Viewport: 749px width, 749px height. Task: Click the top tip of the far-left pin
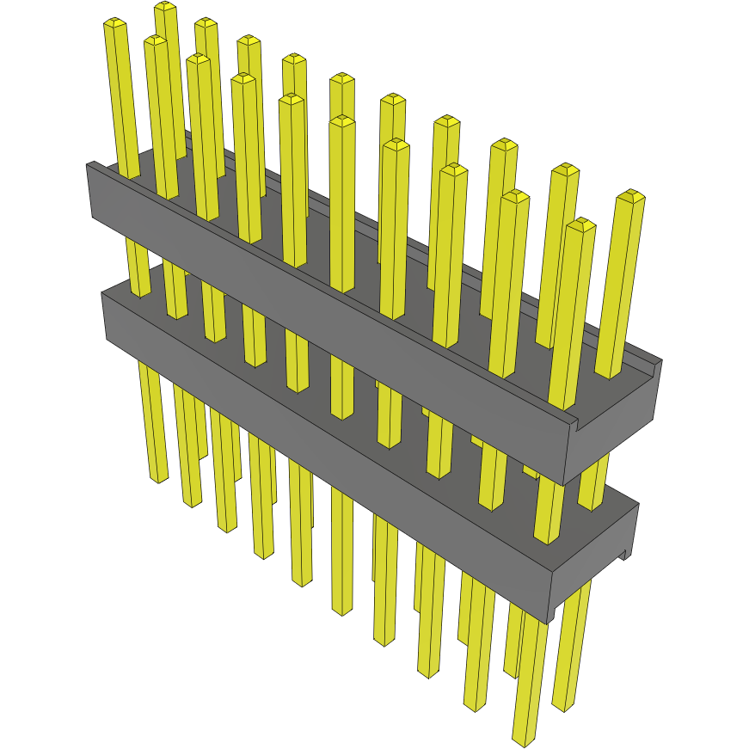click(x=114, y=23)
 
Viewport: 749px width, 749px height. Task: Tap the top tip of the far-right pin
click(x=632, y=195)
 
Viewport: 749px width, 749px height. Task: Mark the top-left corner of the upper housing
click(x=88, y=163)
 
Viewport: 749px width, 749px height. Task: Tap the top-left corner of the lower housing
click(x=102, y=293)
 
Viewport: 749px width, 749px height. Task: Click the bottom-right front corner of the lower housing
click(x=549, y=622)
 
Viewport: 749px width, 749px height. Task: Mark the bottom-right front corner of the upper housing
click(x=564, y=484)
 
